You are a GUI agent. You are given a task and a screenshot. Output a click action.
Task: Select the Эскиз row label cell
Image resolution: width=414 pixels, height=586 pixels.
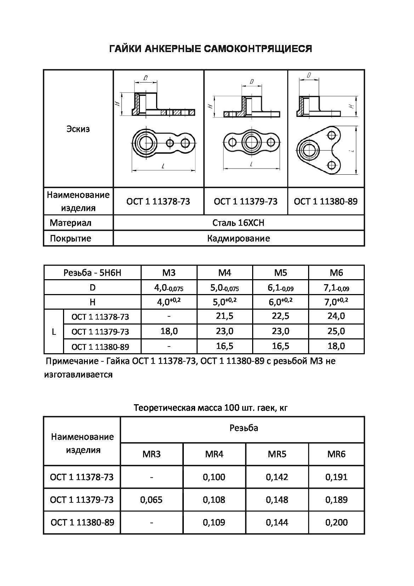pos(78,129)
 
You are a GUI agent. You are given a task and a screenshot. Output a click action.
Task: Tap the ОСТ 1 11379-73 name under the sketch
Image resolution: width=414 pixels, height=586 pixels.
pos(245,202)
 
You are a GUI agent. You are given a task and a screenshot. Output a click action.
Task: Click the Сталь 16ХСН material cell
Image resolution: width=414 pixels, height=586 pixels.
pos(238,223)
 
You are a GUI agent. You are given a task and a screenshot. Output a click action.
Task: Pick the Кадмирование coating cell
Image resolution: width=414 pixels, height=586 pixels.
pos(238,238)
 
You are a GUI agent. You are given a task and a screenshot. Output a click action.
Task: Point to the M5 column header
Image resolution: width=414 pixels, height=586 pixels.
pos(280,273)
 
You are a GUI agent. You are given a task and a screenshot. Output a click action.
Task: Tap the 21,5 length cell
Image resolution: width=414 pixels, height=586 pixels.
pos(225,316)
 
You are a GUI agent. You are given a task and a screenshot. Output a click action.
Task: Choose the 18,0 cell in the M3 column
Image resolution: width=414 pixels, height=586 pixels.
pos(169,331)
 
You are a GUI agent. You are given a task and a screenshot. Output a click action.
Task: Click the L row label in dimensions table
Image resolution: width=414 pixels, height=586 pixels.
pos(54,332)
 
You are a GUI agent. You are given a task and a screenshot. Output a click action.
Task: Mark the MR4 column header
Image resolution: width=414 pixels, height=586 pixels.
pos(214,454)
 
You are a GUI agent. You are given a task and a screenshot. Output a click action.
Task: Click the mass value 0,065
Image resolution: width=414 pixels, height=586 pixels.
pos(151,500)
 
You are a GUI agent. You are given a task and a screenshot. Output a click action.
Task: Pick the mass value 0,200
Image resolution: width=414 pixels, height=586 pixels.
pos(336,522)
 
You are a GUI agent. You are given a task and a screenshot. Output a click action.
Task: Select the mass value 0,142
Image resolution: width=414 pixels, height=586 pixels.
pos(277,477)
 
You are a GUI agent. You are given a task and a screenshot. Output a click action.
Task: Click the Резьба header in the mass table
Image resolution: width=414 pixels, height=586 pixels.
pos(244,428)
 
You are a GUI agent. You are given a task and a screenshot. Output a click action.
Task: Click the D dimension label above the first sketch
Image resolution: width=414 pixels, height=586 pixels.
pos(146,78)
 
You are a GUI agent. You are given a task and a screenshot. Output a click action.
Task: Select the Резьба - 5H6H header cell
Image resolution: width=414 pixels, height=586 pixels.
pos(92,273)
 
